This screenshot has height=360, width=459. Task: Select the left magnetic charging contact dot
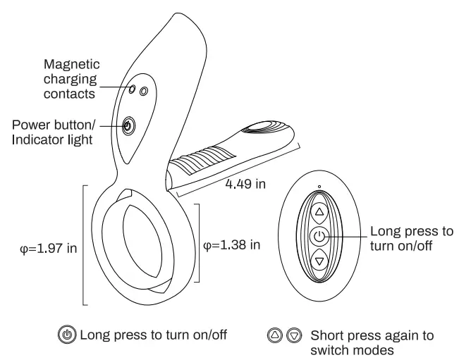click(133, 89)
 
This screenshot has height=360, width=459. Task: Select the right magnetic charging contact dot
click(144, 92)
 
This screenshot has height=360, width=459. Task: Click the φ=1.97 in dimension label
click(47, 249)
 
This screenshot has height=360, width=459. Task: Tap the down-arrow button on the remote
click(319, 261)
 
